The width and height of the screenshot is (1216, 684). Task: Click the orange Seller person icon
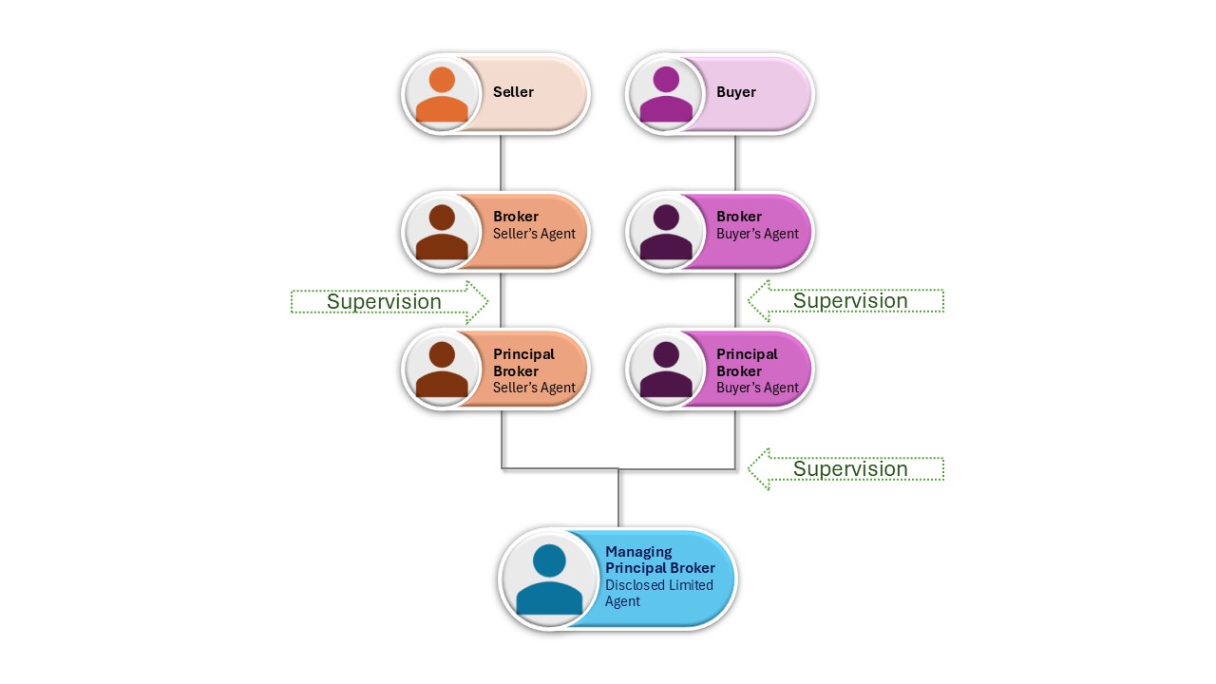point(442,94)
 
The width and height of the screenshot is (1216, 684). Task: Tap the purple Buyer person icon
point(666,94)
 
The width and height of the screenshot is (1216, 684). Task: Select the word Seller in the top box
point(513,92)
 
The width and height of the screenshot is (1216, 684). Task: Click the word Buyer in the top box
point(736,92)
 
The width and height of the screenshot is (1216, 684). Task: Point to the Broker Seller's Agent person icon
point(442,232)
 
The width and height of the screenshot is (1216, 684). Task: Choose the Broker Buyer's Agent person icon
point(666,232)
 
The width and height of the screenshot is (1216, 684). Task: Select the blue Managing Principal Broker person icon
point(549,579)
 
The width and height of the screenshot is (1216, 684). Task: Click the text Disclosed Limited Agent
point(658,593)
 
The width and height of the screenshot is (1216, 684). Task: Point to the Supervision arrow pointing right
point(389,302)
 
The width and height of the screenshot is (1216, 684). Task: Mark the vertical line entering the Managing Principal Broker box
point(619,499)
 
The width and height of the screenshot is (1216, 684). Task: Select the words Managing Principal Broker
point(659,560)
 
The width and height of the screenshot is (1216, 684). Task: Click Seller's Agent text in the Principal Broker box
point(534,388)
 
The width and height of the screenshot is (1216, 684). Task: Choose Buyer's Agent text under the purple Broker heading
point(757,234)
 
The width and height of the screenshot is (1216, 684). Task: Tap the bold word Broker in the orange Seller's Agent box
point(515,217)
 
